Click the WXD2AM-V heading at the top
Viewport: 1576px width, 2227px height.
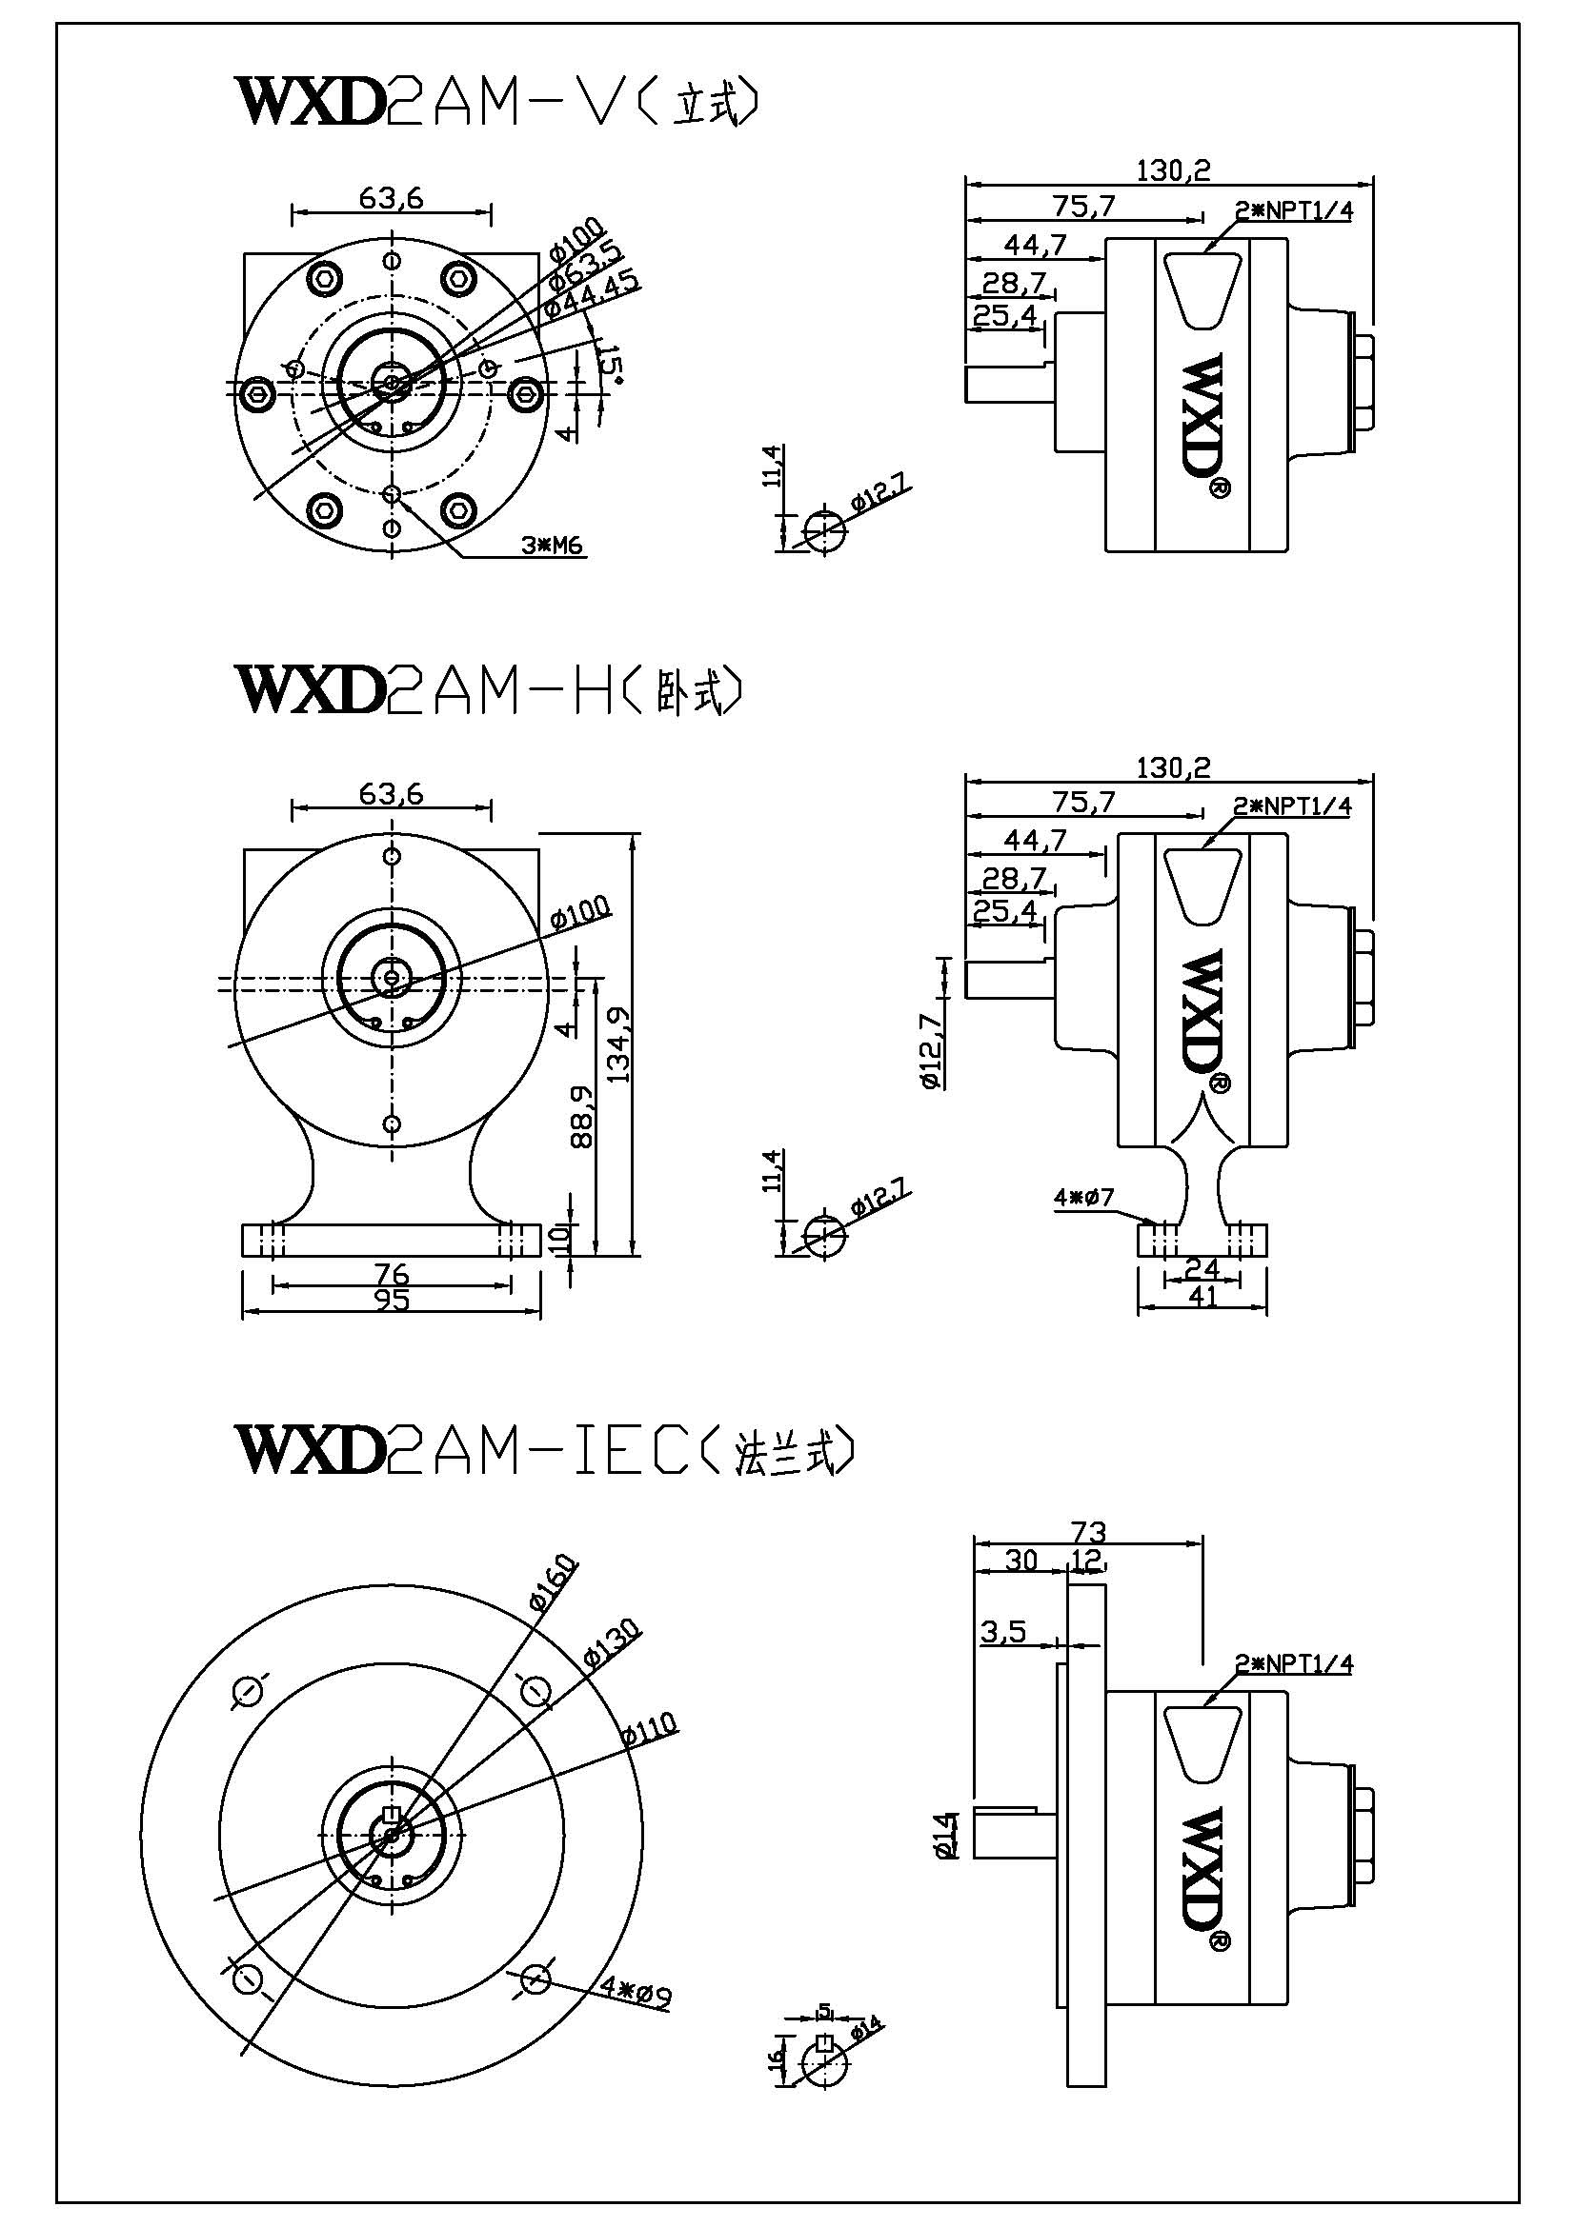pos(495,103)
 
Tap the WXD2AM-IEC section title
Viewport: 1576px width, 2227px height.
pos(544,1452)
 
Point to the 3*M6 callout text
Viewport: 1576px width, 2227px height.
pos(551,547)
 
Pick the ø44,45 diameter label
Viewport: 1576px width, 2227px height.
pos(591,292)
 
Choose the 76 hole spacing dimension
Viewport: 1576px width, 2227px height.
pos(391,1273)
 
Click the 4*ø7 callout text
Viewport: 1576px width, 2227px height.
pos(1084,1198)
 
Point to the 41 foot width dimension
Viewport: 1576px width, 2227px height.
pos(1202,1296)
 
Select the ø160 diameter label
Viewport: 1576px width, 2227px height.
pos(554,1583)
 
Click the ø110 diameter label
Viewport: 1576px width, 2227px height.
pos(649,1727)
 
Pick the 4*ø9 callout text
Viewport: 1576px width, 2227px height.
pos(636,1993)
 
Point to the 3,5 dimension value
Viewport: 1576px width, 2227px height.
pos(1003,1632)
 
